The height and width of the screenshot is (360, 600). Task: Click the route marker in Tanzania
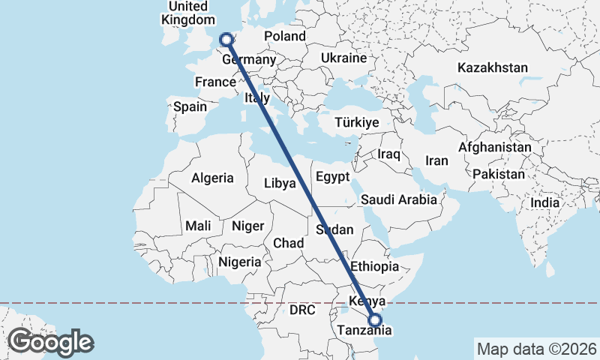pos(376,320)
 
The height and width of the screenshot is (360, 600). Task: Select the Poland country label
pos(285,36)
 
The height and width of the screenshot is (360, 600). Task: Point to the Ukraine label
pos(343,58)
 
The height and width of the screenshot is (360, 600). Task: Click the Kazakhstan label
pos(493,67)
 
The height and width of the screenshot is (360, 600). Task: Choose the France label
pos(215,82)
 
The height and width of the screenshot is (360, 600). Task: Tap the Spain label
pos(190,106)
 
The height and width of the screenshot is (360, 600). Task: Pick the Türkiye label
pos(357,122)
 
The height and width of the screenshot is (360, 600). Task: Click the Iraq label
pos(389,154)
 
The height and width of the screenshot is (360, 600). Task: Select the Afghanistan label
pos(495,148)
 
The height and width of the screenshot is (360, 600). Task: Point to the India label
pos(544,202)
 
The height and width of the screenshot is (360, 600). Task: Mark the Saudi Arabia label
pos(398,200)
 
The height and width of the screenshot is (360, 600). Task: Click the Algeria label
pos(213,178)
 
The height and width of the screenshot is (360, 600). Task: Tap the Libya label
pos(280,183)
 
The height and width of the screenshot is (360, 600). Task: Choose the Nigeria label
pos(240,262)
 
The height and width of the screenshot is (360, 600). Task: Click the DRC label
pos(303,309)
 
